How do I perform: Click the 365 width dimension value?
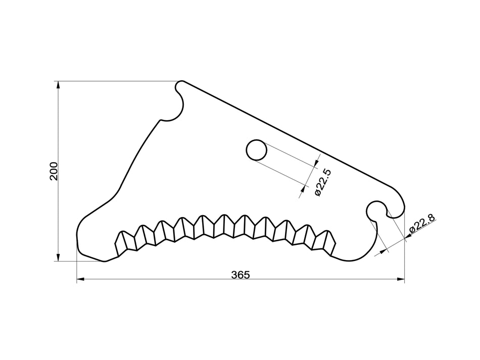tap(241, 275)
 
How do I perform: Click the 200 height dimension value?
tap(54, 171)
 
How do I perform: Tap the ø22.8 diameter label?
tap(422, 223)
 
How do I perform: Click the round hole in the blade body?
tap(257, 150)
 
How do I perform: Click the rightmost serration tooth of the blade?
tap(329, 243)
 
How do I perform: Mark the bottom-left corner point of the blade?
tap(105, 261)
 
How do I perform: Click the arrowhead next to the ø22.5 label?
tap(304, 188)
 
